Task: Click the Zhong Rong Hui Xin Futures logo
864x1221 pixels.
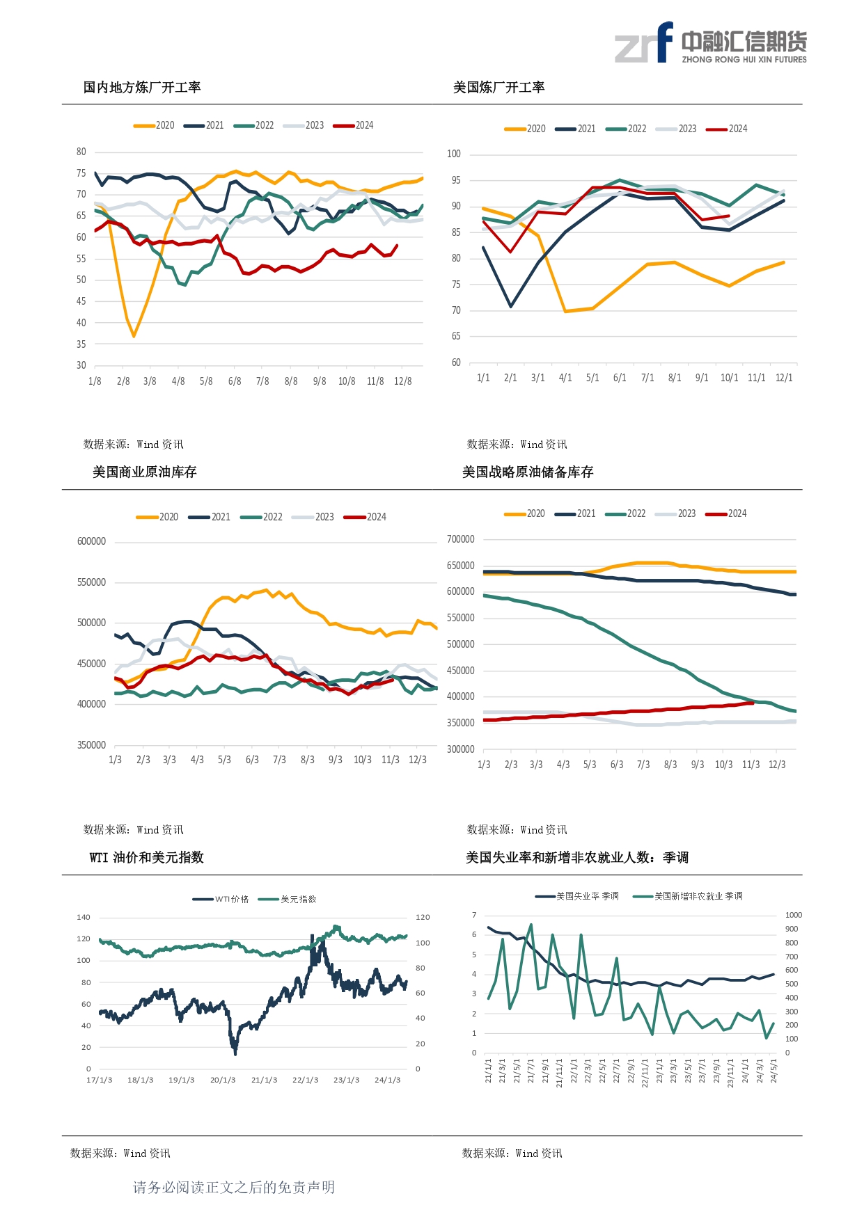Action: [x=710, y=42]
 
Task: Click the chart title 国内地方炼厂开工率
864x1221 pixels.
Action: [x=142, y=87]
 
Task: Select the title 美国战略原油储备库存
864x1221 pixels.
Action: [x=528, y=472]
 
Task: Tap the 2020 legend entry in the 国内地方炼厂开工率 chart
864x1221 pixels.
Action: [x=154, y=125]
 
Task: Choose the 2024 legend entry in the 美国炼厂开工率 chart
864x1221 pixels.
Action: [x=727, y=129]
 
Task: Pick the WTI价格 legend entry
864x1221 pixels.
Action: [x=221, y=899]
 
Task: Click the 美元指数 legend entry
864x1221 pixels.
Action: [x=288, y=899]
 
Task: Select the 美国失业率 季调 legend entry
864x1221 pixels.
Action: [x=577, y=896]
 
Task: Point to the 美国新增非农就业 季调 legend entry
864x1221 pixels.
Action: [x=688, y=896]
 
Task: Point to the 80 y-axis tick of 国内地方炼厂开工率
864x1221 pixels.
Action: [x=81, y=152]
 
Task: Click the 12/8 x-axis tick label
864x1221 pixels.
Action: [x=403, y=381]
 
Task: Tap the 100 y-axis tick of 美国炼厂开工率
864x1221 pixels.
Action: [x=454, y=154]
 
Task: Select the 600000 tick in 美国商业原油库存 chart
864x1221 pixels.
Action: [x=92, y=541]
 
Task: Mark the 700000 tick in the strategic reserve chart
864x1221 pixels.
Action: [x=461, y=539]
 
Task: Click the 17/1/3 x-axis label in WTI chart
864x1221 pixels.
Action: [x=100, y=1080]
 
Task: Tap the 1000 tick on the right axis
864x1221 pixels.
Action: [x=794, y=915]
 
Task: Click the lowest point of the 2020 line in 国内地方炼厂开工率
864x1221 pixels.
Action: [x=134, y=336]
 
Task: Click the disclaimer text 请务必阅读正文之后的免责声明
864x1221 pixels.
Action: [x=234, y=1187]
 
